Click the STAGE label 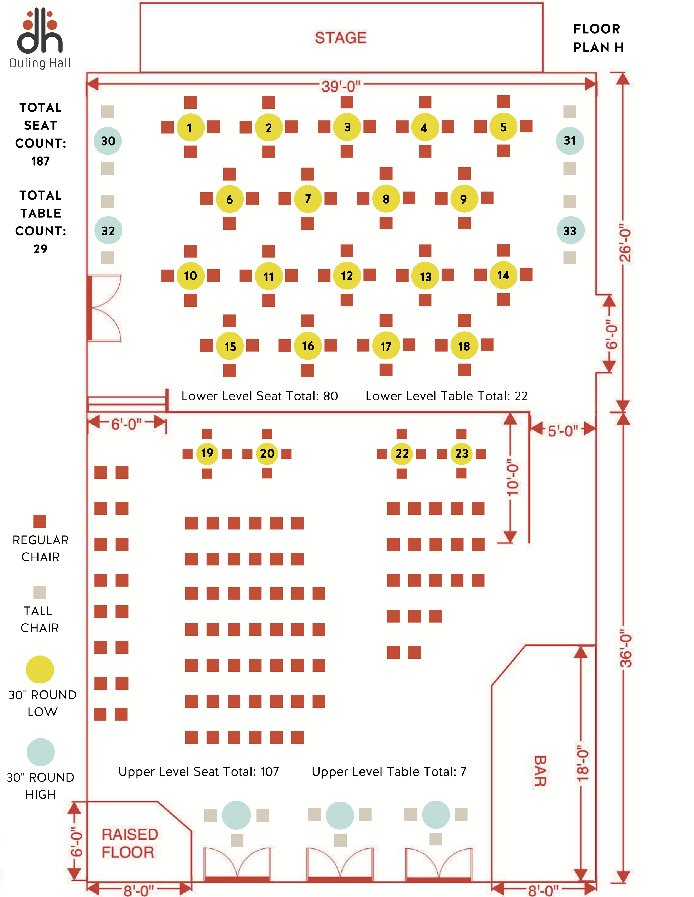tap(340, 38)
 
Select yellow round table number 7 tap(308, 199)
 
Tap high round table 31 tap(569, 141)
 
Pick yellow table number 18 tap(464, 346)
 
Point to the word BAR tap(540, 771)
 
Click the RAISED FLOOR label tap(130, 843)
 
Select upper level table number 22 tap(402, 453)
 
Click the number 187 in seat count tap(40, 161)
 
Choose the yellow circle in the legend tap(40, 669)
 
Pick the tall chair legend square tap(40, 593)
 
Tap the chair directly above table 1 tap(190, 102)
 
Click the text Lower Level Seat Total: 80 tap(260, 396)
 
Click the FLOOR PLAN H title tap(598, 38)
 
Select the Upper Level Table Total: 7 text tap(389, 772)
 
